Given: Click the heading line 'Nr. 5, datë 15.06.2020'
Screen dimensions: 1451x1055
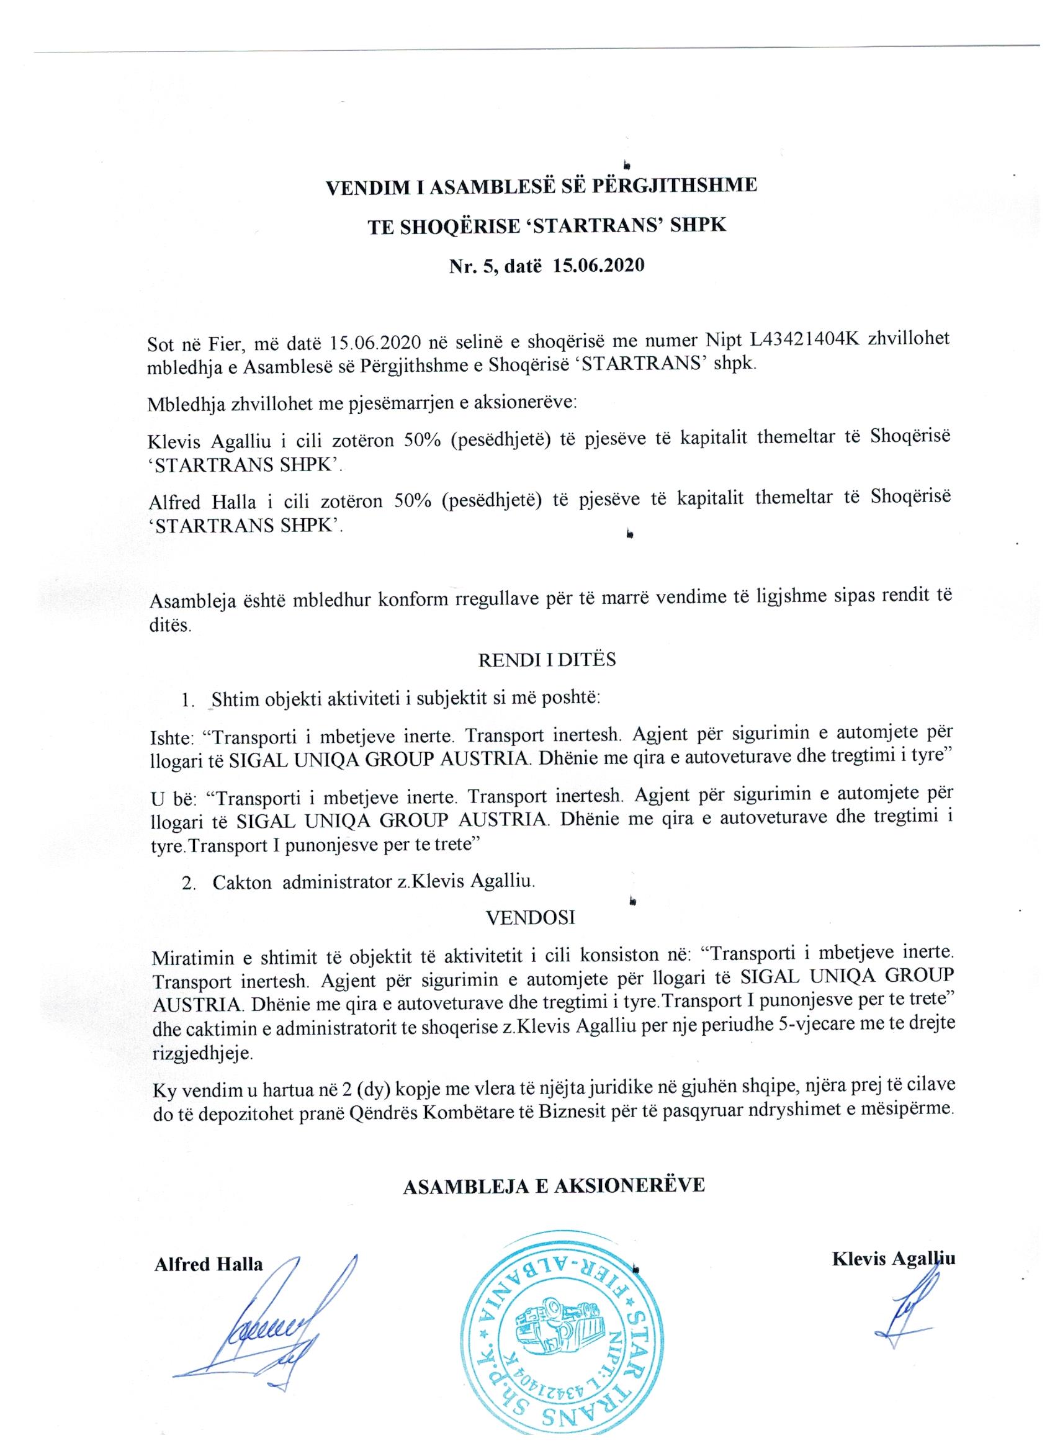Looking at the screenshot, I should coord(546,266).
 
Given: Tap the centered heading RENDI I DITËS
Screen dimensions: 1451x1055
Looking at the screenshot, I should coord(547,660).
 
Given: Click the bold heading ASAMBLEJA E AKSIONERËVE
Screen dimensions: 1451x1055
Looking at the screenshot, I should coord(554,1185).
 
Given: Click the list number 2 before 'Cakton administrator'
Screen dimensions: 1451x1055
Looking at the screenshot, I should coord(187,883).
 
